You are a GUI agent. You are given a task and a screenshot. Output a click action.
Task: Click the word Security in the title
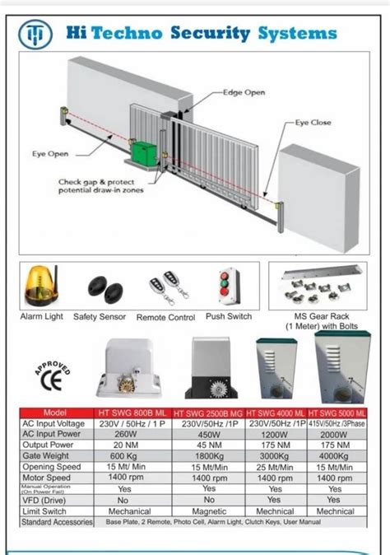pyautogui.click(x=209, y=34)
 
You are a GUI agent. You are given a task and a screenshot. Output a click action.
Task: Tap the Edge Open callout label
pyautogui.click(x=244, y=92)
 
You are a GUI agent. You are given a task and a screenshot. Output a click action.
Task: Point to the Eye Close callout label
pyautogui.click(x=313, y=123)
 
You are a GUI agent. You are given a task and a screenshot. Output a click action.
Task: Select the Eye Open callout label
pyautogui.click(x=50, y=153)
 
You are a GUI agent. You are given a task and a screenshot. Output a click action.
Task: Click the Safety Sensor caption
pyautogui.click(x=100, y=317)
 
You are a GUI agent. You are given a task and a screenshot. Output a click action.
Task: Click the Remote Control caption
pyautogui.click(x=165, y=317)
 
